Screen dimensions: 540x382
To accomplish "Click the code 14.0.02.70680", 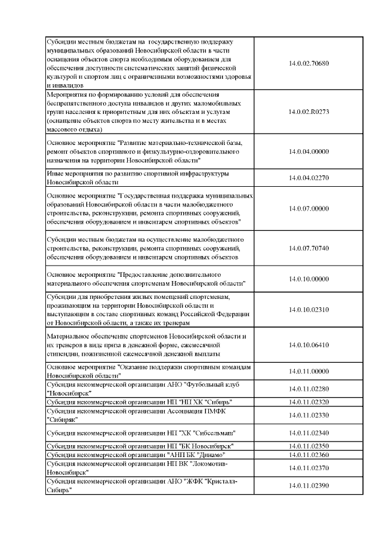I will (x=309, y=63).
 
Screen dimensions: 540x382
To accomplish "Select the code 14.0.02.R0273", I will (x=309, y=112).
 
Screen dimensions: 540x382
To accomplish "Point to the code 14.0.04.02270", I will (x=309, y=178).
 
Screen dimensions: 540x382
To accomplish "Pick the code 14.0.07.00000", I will (x=309, y=208).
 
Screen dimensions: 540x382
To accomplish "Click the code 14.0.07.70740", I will (x=309, y=248).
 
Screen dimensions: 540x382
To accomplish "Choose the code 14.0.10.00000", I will (x=309, y=279).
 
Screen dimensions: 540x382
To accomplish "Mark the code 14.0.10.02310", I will (x=309, y=310).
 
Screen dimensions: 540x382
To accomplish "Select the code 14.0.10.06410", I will (x=309, y=345).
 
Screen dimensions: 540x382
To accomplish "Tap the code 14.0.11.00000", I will (x=309, y=372).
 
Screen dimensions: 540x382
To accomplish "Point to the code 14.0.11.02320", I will (x=309, y=402).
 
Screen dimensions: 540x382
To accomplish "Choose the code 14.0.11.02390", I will (x=309, y=486).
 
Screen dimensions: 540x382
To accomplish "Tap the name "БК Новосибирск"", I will (x=202, y=446).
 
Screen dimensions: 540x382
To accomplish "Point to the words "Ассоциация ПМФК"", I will (x=195, y=411).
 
